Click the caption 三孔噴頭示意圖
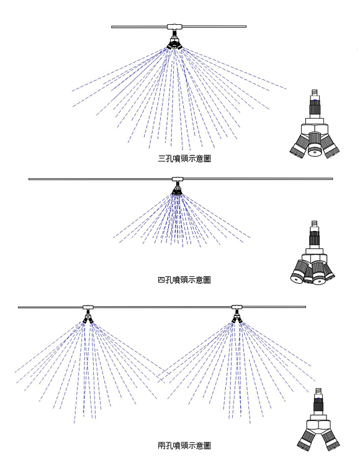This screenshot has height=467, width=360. pos(184,158)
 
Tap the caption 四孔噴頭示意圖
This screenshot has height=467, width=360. pos(184,279)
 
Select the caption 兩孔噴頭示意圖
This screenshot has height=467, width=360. pos(184,445)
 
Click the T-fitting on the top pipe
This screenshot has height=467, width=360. pos(174,27)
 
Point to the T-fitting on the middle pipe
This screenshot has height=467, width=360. pos(178,179)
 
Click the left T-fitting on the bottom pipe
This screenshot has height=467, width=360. pos(88,307)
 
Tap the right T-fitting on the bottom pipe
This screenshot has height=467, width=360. pos(236,307)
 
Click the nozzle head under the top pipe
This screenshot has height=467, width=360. pos(174,43)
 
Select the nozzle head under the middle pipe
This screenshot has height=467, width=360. pos(177,191)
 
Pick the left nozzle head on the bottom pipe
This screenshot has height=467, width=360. pos(88,319)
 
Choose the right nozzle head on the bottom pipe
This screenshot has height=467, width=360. pos(236,319)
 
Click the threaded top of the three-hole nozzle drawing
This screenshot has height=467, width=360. pos(315,93)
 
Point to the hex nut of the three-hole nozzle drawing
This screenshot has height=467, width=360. pos(315,129)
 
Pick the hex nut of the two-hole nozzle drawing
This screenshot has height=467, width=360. pos(318,424)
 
